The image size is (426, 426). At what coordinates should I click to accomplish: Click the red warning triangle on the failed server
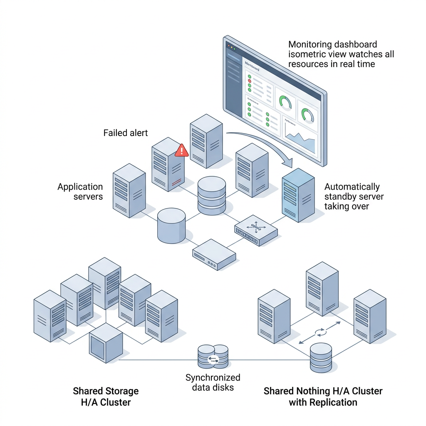(181, 151)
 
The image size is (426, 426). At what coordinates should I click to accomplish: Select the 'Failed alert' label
(126, 133)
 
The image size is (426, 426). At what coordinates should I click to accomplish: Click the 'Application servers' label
(80, 191)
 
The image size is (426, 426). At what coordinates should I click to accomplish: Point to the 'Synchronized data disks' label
(213, 382)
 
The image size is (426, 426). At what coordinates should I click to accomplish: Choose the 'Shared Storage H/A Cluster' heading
(106, 396)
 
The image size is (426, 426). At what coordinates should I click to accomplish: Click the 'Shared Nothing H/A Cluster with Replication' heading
(323, 396)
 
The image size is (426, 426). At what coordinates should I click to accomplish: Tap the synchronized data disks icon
(213, 357)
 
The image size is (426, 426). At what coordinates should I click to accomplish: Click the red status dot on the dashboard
(250, 81)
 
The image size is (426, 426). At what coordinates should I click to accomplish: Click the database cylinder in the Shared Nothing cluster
(321, 357)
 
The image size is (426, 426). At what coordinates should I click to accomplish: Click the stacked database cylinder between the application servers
(212, 196)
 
